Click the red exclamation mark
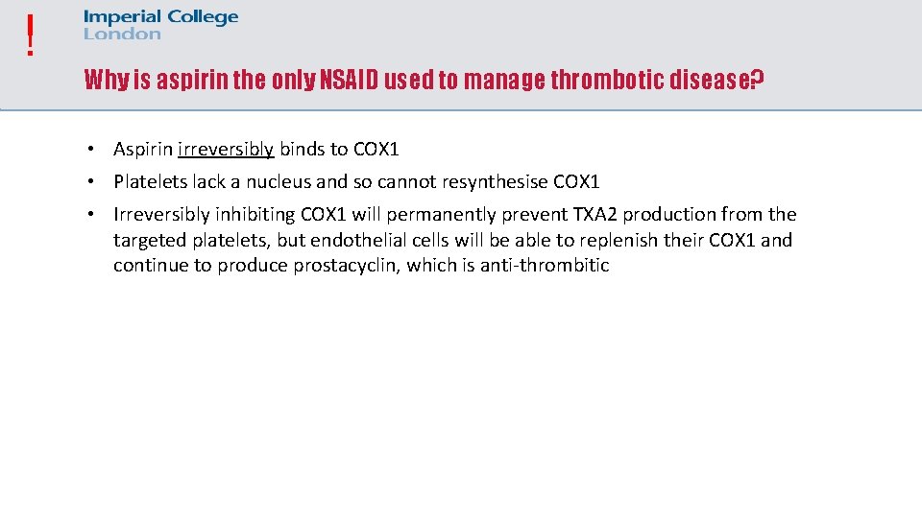(31, 35)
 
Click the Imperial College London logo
(160, 25)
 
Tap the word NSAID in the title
(351, 80)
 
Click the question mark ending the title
(757, 80)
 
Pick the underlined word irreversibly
(226, 150)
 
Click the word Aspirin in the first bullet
(143, 150)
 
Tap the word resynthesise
(496, 181)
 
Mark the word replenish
(620, 240)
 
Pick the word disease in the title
(713, 80)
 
